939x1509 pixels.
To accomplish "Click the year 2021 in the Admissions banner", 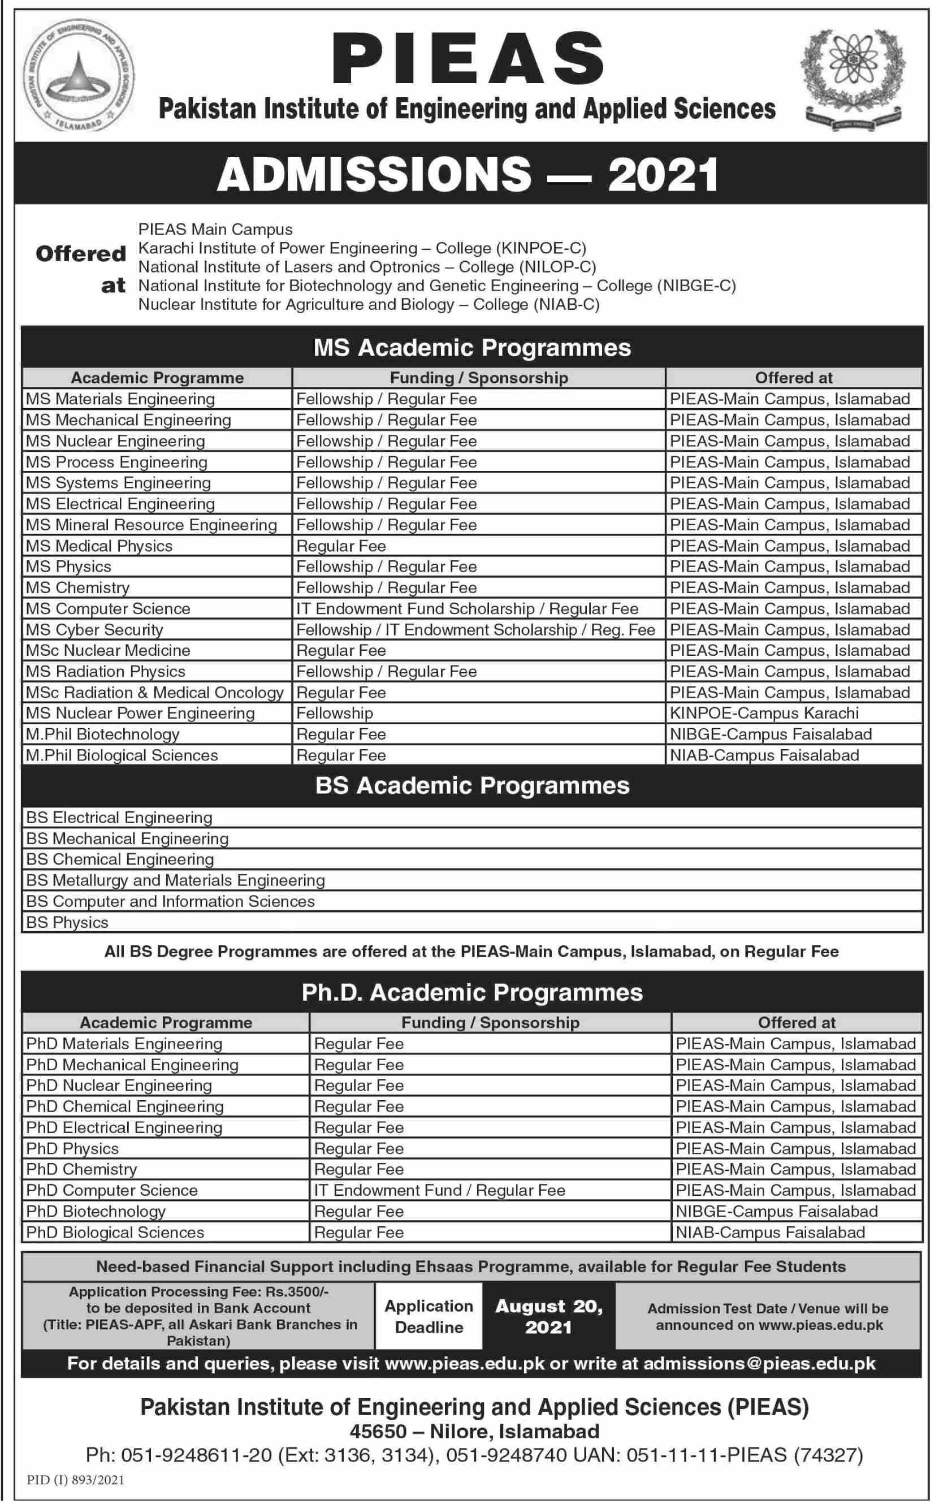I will coord(663,175).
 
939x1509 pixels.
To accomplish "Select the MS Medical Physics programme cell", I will coord(99,546).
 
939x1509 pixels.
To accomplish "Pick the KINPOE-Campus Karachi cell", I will coord(764,713).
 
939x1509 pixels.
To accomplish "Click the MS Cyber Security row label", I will coord(94,630).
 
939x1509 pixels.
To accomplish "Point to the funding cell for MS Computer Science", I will coord(467,608).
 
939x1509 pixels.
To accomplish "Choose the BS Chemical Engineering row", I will coord(120,859).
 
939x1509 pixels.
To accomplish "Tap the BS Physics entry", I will coord(67,922).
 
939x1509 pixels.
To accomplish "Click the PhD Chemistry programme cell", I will coord(81,1169).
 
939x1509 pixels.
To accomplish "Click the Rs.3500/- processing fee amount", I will coord(297,1292).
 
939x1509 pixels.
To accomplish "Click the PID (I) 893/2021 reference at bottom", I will coord(76,1480).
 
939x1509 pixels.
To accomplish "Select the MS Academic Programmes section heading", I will coord(472,348).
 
